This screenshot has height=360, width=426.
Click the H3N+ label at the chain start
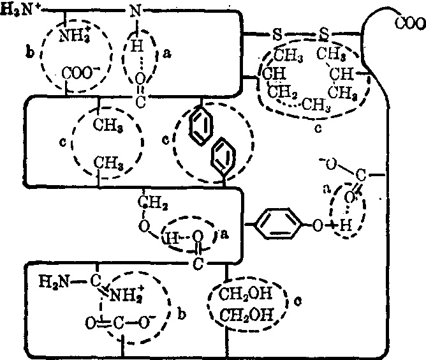19,11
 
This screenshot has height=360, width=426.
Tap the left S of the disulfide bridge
277,33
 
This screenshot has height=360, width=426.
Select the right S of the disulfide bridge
325,33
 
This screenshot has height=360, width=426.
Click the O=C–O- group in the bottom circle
110,322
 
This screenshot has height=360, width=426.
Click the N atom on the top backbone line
135,11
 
